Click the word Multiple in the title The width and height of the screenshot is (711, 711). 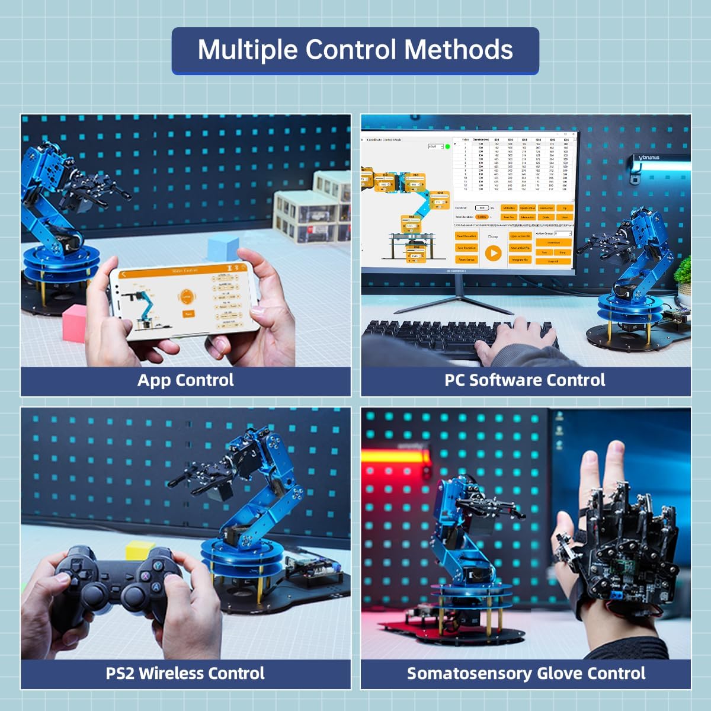click(249, 50)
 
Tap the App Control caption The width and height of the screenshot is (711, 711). click(185, 380)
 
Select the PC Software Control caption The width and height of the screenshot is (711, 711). click(525, 380)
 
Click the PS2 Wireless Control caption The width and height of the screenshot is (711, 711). click(185, 674)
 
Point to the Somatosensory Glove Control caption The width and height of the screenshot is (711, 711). click(526, 674)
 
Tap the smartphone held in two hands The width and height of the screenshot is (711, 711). click(187, 302)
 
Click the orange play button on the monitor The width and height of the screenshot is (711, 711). click(493, 253)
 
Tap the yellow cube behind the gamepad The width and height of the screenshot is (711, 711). click(140, 551)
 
